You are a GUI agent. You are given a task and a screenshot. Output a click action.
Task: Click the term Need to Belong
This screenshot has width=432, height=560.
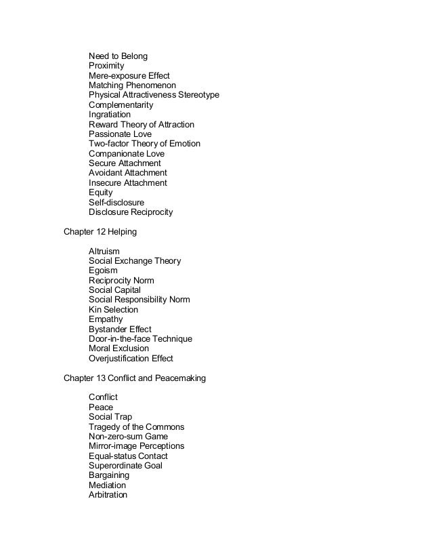(118, 56)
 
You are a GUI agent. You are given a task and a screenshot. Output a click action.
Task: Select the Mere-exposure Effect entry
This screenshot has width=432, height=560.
(129, 75)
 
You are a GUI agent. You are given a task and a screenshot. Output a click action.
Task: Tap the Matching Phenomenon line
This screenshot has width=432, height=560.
(132, 85)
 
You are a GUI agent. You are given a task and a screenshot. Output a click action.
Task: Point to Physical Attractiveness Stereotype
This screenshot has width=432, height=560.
(154, 95)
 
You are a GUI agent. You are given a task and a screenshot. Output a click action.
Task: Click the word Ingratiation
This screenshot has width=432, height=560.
(110, 115)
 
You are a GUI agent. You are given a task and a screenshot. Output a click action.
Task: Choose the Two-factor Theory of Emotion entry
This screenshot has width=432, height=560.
(144, 144)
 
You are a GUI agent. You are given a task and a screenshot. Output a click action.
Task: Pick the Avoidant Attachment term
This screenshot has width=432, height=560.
(127, 173)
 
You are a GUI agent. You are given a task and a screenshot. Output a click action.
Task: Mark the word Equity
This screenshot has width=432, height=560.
(100, 193)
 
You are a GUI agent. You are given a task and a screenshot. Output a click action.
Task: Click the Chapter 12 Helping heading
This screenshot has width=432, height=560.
(100, 232)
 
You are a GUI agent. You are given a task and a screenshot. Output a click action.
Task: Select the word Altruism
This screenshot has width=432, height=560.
(104, 252)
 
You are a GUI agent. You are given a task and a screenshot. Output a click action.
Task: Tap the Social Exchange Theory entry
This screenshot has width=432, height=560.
(135, 261)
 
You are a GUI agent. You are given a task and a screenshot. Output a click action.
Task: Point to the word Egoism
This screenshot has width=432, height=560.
(103, 271)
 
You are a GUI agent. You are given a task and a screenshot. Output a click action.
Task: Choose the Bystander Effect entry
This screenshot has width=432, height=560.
(120, 329)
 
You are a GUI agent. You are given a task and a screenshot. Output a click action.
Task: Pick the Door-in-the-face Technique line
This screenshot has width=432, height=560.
(140, 339)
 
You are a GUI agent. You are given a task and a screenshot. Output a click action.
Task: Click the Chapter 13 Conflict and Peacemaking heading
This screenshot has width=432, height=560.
(134, 378)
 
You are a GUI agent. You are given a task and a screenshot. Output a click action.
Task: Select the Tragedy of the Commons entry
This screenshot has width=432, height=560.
(136, 427)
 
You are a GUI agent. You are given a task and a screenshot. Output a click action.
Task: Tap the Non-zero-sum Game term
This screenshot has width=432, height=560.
(128, 437)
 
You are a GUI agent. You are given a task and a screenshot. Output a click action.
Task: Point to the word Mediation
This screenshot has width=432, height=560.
(107, 485)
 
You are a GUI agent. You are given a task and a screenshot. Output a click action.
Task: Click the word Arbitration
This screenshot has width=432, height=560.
(108, 495)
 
